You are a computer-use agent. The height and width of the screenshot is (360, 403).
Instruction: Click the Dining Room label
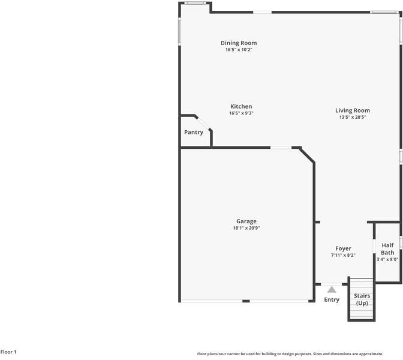click(x=239, y=43)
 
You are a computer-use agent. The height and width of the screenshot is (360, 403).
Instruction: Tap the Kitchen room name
click(x=241, y=107)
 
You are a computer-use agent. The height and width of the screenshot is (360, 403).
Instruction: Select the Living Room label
click(x=353, y=110)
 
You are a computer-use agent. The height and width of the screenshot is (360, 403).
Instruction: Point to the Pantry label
click(x=194, y=132)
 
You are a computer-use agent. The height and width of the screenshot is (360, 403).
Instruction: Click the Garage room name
click(x=246, y=221)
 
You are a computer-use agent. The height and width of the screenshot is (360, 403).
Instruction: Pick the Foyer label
click(x=343, y=248)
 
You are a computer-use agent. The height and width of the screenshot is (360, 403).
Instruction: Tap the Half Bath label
click(x=387, y=249)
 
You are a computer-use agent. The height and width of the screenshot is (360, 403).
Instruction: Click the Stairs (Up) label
click(x=362, y=299)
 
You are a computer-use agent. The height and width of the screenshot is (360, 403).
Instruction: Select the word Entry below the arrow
click(x=332, y=299)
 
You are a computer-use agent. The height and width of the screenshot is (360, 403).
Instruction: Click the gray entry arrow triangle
click(x=332, y=289)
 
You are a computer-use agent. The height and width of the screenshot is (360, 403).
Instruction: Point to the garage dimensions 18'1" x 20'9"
click(x=246, y=228)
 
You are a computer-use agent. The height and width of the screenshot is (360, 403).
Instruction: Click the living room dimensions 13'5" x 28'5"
click(x=353, y=117)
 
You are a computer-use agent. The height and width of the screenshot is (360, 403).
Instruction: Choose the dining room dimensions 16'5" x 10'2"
click(x=239, y=50)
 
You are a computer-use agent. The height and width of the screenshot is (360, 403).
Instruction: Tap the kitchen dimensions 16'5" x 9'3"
click(x=241, y=113)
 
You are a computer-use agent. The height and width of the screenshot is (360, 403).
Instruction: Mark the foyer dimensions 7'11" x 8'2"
click(x=343, y=255)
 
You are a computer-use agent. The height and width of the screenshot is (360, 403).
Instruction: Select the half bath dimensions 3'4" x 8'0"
click(x=387, y=260)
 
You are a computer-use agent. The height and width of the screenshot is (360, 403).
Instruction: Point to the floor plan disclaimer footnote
click(x=290, y=354)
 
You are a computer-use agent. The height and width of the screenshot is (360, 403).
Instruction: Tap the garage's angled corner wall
click(x=307, y=154)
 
